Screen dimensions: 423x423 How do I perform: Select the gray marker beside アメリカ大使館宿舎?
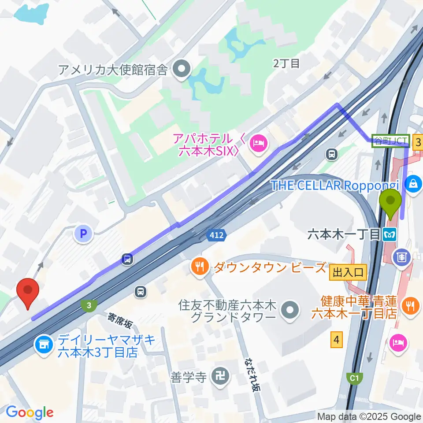[x=181, y=69]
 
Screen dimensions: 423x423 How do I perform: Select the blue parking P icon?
[x=83, y=233]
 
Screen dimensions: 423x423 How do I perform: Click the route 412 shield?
[x=216, y=236]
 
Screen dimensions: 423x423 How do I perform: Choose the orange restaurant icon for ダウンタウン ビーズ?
[x=200, y=267]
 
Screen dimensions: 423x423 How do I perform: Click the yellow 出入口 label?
[x=348, y=273]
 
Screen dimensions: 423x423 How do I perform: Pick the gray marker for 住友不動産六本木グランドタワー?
[x=289, y=311]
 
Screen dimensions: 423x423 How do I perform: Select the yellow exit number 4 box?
[x=337, y=340]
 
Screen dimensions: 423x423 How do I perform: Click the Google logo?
[x=30, y=412]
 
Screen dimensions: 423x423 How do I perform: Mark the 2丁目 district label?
[x=286, y=63]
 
